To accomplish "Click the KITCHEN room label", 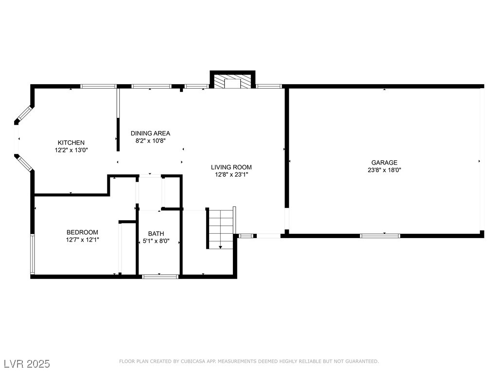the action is coord(71,143).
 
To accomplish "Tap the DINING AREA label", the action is coord(151,133).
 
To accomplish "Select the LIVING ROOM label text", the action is coord(231,168).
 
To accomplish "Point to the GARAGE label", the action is coord(384,163).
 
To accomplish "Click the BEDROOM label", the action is coord(82,232).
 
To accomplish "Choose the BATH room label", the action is coord(156,234).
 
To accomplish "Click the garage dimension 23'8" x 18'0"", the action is coord(384,170).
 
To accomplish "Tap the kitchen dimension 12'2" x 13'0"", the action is coord(71,150).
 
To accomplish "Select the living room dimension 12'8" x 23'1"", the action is coord(231,175).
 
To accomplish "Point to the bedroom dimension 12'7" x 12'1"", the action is coord(82,240).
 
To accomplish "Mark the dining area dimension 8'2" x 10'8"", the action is coord(151,141).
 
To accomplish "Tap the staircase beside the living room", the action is coord(221,228).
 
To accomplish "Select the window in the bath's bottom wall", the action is coord(160,277).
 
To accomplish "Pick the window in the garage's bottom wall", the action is coord(380,236).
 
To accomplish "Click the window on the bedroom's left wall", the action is coord(33,254).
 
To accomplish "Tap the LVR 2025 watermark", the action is coord(27,364).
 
